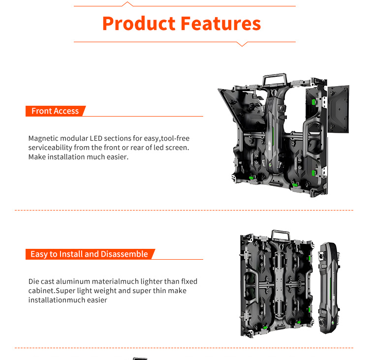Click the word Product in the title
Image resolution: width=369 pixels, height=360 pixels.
tap(138, 23)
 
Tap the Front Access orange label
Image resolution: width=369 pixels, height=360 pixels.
tap(55, 111)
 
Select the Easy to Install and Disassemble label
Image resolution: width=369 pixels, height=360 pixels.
tap(89, 254)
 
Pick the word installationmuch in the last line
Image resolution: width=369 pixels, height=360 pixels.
tap(56, 300)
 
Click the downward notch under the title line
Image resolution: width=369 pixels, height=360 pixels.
tap(241, 44)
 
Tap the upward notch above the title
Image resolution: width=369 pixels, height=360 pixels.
tap(127, 4)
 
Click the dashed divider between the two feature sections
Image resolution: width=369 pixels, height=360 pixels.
tap(184, 210)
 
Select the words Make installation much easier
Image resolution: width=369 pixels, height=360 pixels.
tap(78, 157)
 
